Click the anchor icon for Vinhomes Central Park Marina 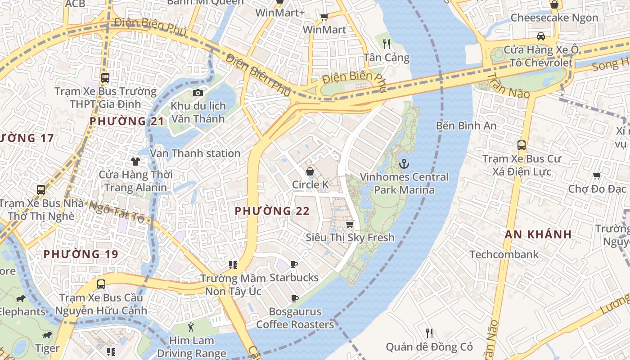(x=404, y=163)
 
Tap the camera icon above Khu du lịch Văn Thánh (x=198, y=93)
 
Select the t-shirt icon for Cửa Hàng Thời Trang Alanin (x=135, y=161)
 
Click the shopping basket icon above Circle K (x=310, y=171)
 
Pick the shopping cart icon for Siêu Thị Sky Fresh (x=350, y=224)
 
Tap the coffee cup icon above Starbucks (x=294, y=264)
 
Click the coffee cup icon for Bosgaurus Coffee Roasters (x=295, y=298)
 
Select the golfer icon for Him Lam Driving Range (x=191, y=327)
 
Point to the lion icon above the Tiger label (x=47, y=335)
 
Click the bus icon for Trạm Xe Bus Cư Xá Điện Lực (x=522, y=145)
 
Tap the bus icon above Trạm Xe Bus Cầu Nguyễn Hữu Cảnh (x=101, y=284)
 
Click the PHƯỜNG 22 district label (x=272, y=211)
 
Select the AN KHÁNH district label (x=538, y=234)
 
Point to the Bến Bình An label (x=466, y=126)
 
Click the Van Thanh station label (x=195, y=153)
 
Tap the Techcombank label (x=504, y=254)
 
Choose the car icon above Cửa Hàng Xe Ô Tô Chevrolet (x=540, y=36)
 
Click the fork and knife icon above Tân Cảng (x=386, y=44)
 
